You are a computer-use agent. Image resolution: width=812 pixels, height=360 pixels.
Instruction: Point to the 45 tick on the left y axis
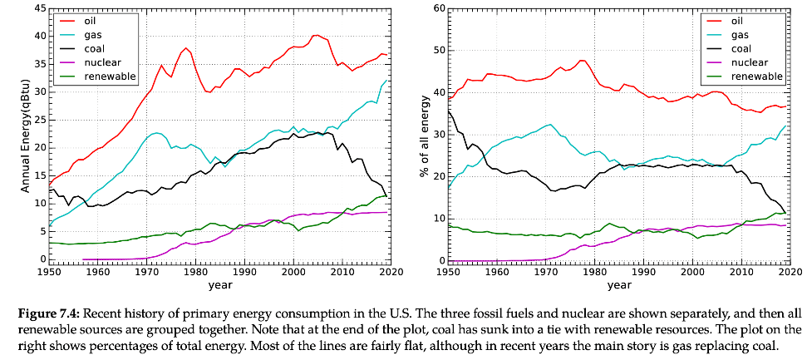pyautogui.click(x=40, y=8)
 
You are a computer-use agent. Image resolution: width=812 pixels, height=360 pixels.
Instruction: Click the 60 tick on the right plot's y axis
pyautogui.click(x=438, y=8)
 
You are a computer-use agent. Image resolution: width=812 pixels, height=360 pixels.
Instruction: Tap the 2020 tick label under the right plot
pyautogui.click(x=790, y=272)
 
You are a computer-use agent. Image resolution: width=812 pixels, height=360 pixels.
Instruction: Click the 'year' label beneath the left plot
pyautogui.click(x=220, y=285)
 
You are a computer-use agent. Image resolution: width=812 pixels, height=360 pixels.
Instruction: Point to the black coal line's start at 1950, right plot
pyautogui.click(x=450, y=110)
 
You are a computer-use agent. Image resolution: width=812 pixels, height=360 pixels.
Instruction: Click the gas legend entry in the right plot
pyautogui.click(x=740, y=34)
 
